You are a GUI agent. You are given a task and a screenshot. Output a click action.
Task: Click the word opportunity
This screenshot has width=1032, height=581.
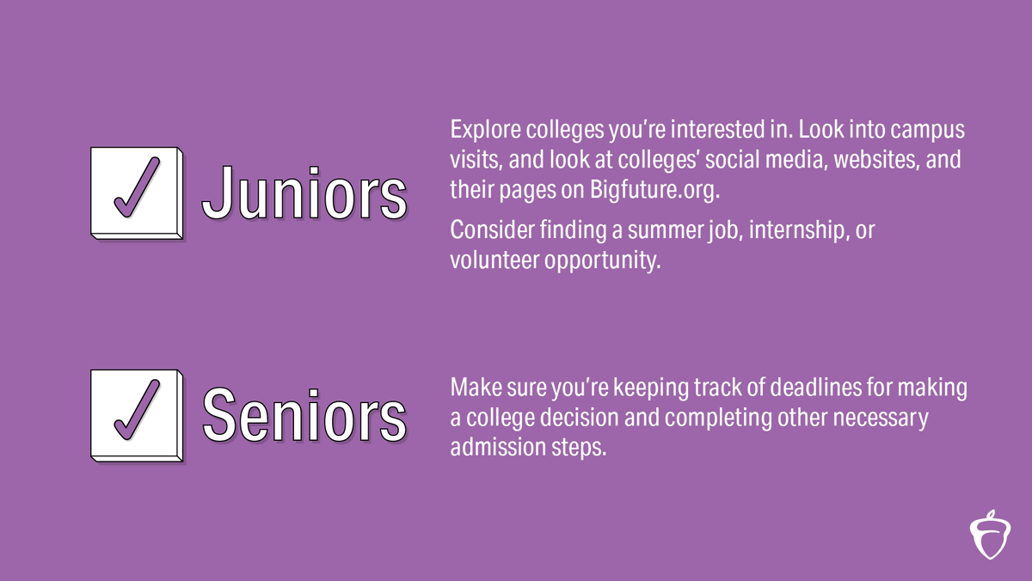(x=602, y=260)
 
